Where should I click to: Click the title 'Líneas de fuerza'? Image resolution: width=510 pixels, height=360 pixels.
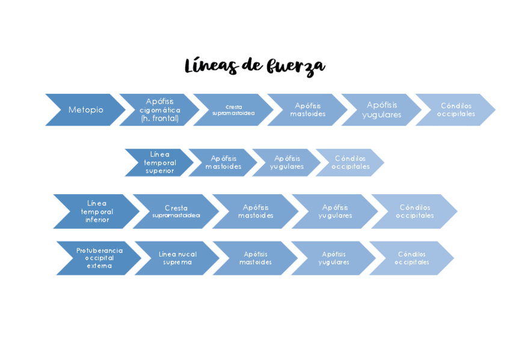[254, 67]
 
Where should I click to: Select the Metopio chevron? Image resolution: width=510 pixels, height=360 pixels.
[85, 110]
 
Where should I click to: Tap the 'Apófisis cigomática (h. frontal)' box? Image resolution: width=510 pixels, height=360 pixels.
[159, 110]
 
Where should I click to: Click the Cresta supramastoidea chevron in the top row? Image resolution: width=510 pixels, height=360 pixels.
[233, 110]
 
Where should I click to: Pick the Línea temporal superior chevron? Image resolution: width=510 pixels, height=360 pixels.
[160, 162]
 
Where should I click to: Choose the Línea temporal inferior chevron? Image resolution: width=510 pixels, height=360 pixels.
[97, 211]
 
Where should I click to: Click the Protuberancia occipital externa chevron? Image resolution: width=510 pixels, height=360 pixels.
[99, 258]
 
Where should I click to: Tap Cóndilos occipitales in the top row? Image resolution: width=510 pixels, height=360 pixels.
[456, 110]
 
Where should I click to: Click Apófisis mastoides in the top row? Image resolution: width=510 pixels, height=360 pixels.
[307, 110]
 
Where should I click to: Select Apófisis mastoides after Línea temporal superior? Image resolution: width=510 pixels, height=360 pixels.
[223, 162]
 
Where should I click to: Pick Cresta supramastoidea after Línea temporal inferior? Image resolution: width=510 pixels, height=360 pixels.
[176, 211]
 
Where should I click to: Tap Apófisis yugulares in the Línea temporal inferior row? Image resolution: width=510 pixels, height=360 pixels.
[334, 211]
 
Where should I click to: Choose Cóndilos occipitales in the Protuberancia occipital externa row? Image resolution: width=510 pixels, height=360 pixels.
[411, 258]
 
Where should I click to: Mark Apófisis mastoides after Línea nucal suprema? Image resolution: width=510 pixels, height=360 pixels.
[255, 258]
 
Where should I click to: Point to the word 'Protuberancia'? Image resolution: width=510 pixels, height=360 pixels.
[99, 251]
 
